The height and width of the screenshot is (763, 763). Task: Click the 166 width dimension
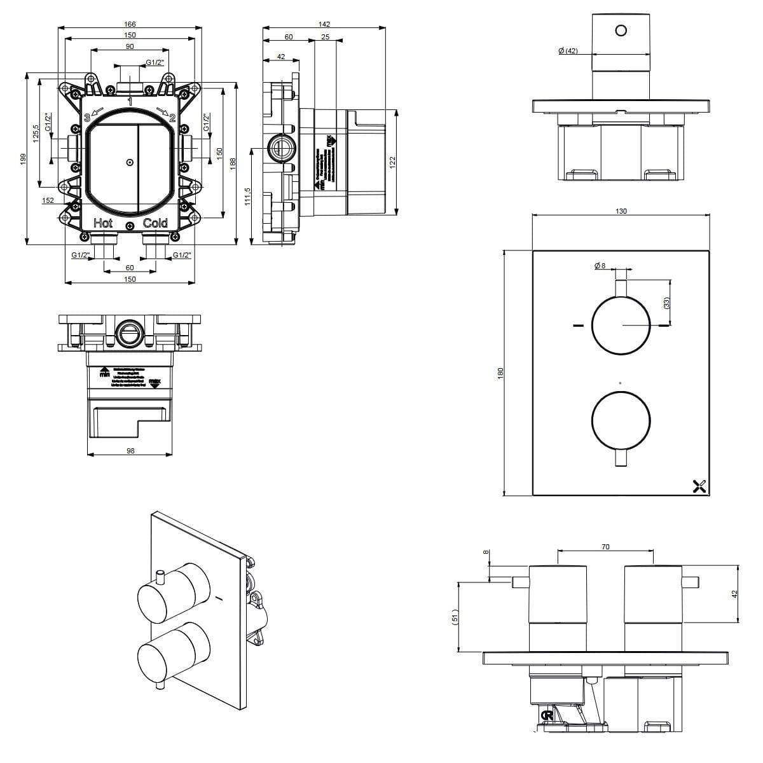[130, 24]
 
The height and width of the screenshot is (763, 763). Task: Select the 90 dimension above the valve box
[130, 46]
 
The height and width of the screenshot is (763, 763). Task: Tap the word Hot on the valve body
[103, 223]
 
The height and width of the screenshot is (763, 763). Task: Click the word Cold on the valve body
[155, 223]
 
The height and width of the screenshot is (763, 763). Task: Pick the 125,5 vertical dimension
[36, 134]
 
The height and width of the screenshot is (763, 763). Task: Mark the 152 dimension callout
[48, 201]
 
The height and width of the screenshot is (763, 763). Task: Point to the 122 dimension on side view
[392, 162]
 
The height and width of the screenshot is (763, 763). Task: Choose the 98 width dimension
[130, 451]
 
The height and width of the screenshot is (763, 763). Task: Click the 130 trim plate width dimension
[621, 211]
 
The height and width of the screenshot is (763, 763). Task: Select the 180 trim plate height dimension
[500, 373]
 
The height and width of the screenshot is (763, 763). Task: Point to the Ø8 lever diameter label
[600, 266]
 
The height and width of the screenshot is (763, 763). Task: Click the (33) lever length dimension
[666, 303]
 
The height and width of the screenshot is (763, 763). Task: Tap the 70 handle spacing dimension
[605, 546]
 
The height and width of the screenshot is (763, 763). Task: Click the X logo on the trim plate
[699, 487]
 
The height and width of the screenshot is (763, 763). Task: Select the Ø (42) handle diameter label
[567, 51]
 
